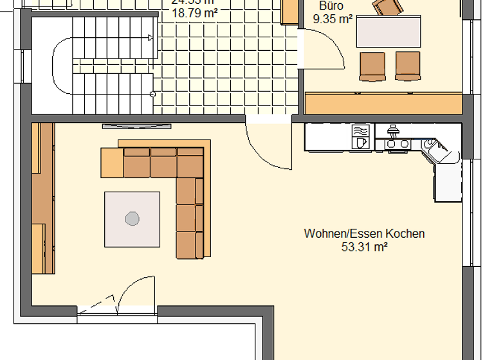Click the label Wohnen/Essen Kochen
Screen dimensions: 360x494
point(364,233)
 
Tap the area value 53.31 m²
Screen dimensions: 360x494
point(364,246)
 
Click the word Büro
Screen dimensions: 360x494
point(331,6)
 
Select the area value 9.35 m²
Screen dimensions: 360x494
point(332,19)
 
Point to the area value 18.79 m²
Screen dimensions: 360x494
point(194,12)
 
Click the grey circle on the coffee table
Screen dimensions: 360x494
point(132,219)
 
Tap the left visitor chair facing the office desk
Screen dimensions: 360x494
point(372,66)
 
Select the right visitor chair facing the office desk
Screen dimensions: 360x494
point(407,66)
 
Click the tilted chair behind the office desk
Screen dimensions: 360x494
point(389,6)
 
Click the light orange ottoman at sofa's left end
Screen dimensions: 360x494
point(111,163)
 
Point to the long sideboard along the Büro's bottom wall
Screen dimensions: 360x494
point(384,104)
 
